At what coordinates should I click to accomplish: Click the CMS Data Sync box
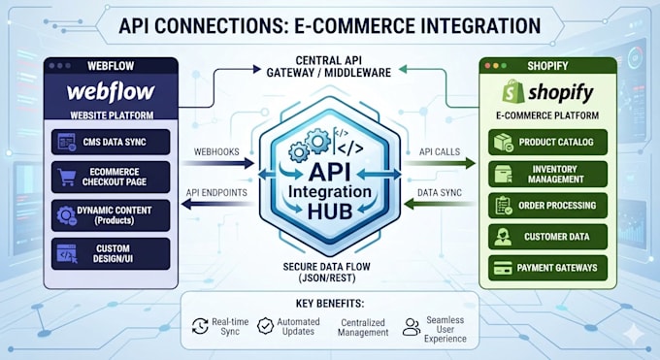(111, 142)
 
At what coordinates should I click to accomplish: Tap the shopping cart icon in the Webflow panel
(67, 178)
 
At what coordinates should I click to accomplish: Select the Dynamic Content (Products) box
(111, 215)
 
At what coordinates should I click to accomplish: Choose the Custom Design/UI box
(111, 254)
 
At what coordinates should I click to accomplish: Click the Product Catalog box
(547, 142)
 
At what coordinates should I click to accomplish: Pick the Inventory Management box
(547, 174)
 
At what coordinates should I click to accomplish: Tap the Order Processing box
(547, 206)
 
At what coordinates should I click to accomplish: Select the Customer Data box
(547, 237)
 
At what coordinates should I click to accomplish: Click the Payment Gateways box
(547, 268)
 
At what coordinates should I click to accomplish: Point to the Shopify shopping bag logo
(513, 91)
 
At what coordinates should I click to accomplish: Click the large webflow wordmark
(111, 92)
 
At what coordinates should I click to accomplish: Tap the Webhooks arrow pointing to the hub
(218, 163)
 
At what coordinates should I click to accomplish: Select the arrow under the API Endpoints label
(217, 205)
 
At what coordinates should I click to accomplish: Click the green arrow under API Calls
(440, 163)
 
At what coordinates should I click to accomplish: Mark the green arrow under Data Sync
(439, 204)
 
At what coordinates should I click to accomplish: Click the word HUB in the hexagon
(330, 212)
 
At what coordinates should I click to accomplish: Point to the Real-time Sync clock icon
(200, 326)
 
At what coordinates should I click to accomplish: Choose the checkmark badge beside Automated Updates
(266, 326)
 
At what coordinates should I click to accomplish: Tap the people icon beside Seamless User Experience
(412, 327)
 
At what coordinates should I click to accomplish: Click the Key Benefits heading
(330, 304)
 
